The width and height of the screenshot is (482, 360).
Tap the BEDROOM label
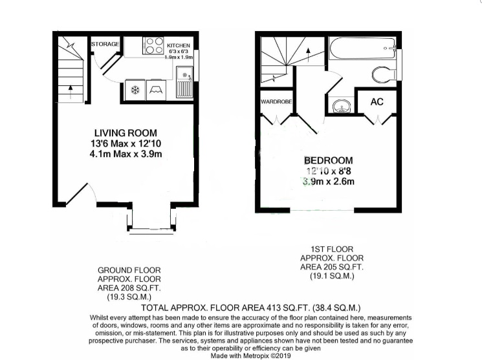[x=329, y=160]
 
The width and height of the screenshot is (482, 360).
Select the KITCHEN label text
[x=179, y=46]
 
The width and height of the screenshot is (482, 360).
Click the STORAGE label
[x=105, y=44]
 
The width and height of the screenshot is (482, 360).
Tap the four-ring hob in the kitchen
[x=153, y=46]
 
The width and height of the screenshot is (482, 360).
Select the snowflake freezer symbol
[x=136, y=90]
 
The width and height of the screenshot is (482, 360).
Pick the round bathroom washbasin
[x=340, y=105]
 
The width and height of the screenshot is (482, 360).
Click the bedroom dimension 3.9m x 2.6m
[x=329, y=182]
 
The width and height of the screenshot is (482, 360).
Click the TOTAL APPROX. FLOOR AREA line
[x=251, y=308]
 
